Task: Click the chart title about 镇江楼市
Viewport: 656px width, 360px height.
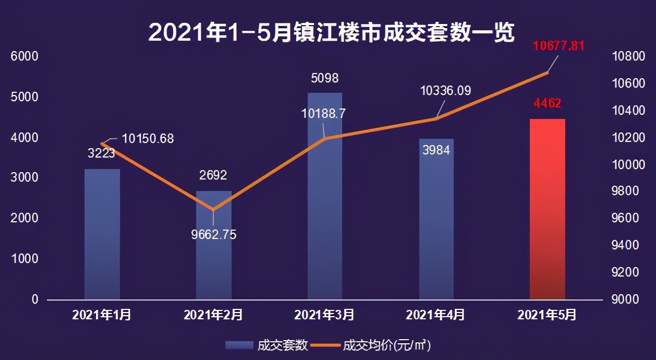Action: click(332, 32)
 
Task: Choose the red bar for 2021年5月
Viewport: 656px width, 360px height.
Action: click(547, 209)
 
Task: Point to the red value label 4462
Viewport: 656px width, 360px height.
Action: click(547, 103)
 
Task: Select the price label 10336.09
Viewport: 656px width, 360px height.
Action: click(445, 91)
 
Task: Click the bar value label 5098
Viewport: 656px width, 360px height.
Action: click(324, 78)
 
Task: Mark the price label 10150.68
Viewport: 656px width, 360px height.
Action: click(148, 139)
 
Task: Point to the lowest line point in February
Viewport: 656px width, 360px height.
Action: click(213, 210)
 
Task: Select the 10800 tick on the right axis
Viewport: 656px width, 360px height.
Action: click(628, 56)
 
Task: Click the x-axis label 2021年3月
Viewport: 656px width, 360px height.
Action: click(324, 315)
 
